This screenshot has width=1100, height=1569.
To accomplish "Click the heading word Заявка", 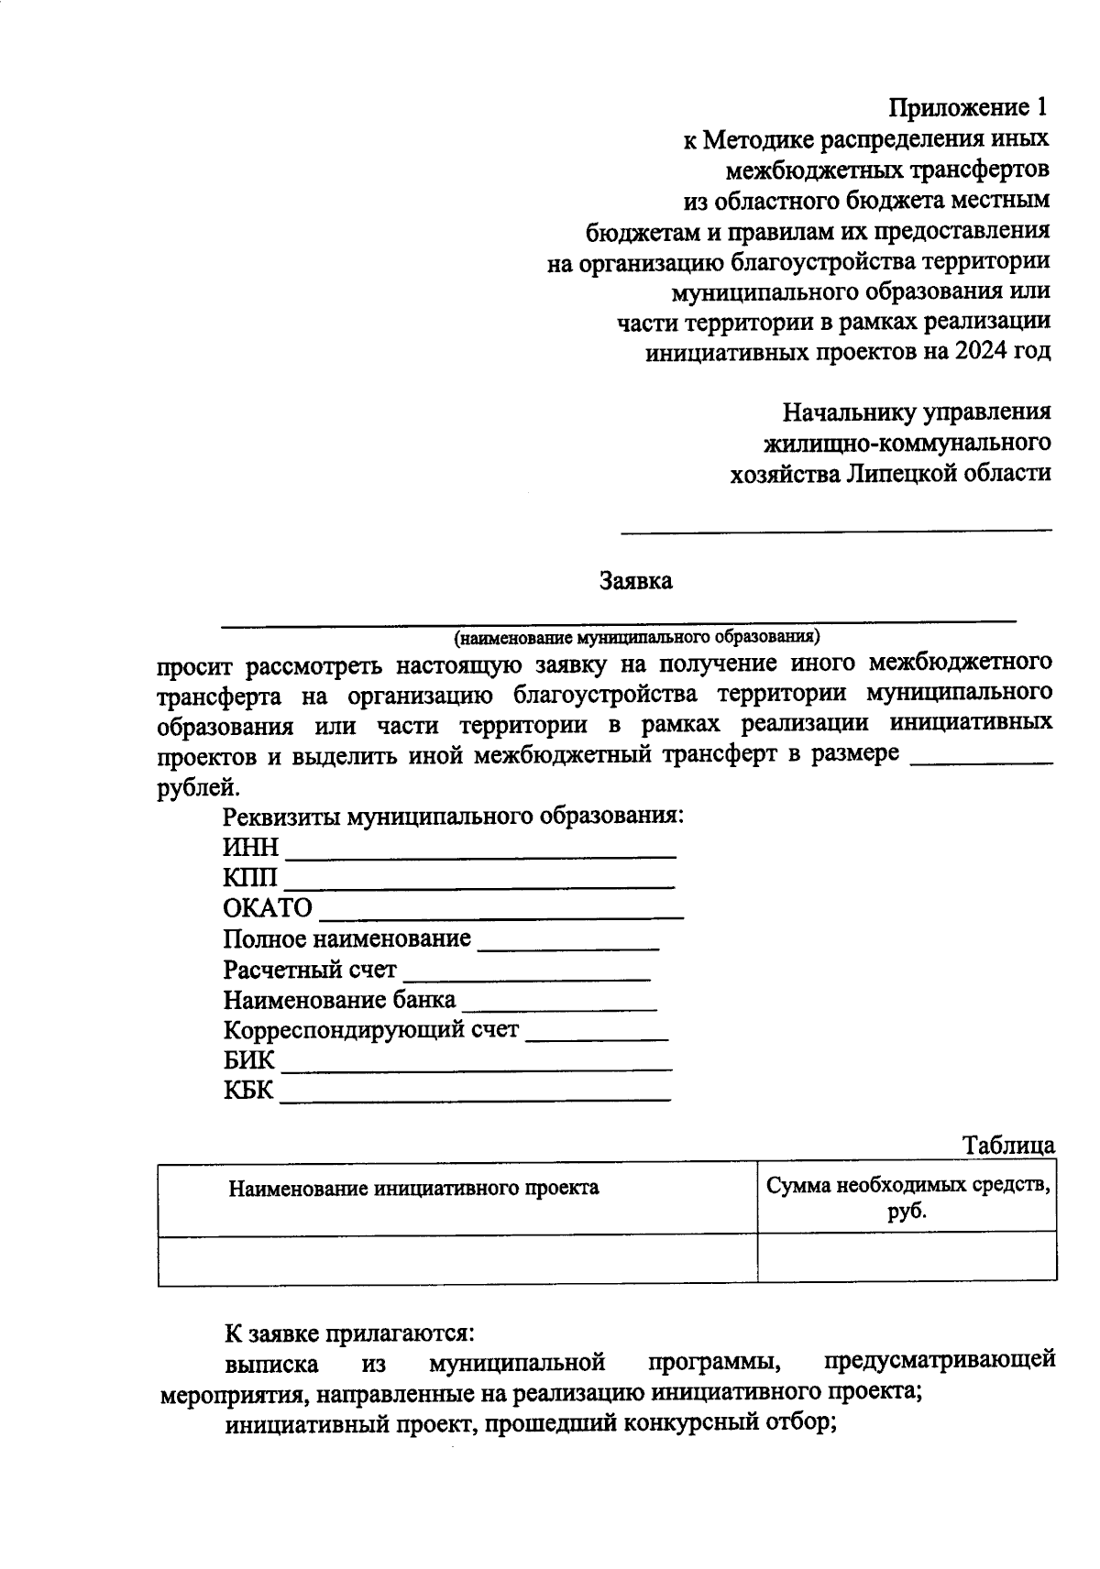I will (635, 581).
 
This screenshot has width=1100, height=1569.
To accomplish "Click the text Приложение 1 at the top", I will (968, 108).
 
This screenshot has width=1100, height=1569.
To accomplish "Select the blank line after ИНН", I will (480, 850).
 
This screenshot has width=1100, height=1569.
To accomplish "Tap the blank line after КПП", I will (478, 882).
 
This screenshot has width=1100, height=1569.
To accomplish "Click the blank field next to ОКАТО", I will (500, 912).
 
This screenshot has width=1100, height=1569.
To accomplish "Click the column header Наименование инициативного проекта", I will (413, 1189).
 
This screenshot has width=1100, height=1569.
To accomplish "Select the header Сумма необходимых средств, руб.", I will (907, 1198).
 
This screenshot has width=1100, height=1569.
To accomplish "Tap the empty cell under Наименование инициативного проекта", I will (456, 1259).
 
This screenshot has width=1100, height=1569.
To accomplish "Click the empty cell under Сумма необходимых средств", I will (907, 1259).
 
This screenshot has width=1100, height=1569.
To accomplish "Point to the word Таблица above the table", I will (1007, 1146).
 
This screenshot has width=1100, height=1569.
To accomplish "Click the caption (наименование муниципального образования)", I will (636, 636).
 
